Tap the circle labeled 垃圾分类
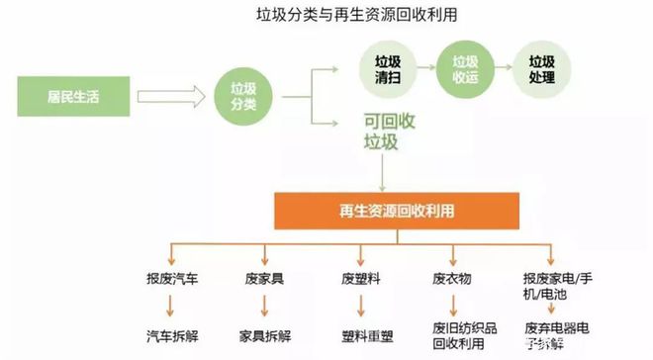[242, 96]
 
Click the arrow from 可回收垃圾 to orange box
[382, 173]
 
